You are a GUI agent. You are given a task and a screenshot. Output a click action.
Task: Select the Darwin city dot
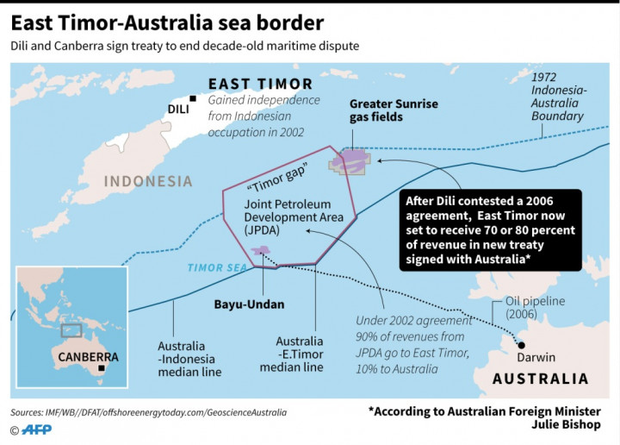tap(520, 342)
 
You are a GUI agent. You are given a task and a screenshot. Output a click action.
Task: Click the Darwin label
tap(535, 356)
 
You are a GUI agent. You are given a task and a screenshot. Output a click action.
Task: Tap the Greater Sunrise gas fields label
tap(394, 110)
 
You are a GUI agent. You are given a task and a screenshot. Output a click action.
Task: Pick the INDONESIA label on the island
tap(148, 181)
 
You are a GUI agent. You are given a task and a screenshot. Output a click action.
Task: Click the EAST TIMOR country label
tap(260, 84)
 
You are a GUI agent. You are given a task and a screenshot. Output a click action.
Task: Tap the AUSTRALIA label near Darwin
tap(540, 379)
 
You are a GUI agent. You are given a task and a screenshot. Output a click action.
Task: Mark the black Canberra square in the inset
tap(102, 367)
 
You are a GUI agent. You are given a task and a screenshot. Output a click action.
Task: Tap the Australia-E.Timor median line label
tap(300, 354)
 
